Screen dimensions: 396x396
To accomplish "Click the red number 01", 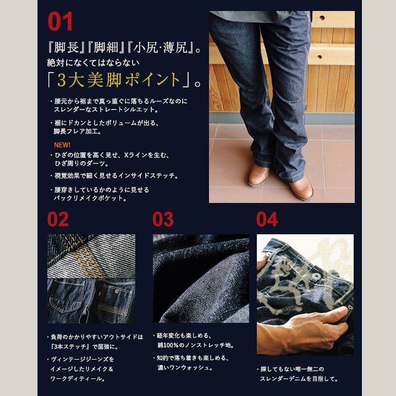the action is (60, 21).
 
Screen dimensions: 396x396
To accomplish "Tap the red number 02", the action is (58, 219).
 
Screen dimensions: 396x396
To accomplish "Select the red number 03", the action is (163, 219).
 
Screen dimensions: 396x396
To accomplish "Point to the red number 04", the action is (267, 219).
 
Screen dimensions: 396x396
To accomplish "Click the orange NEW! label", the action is (62, 145).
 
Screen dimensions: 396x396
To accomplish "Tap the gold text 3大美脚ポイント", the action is (118, 80).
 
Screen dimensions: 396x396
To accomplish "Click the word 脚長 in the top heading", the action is (67, 47).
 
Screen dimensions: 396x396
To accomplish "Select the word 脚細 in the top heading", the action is (106, 47).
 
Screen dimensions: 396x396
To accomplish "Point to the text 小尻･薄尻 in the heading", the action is (161, 47).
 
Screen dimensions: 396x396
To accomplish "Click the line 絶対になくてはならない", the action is (93, 63).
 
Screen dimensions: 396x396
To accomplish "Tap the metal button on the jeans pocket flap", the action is (117, 292).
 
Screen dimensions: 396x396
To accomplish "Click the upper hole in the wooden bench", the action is (322, 18).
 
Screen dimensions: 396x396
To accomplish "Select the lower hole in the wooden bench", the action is (319, 57).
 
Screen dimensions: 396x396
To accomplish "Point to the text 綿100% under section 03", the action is (168, 345).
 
